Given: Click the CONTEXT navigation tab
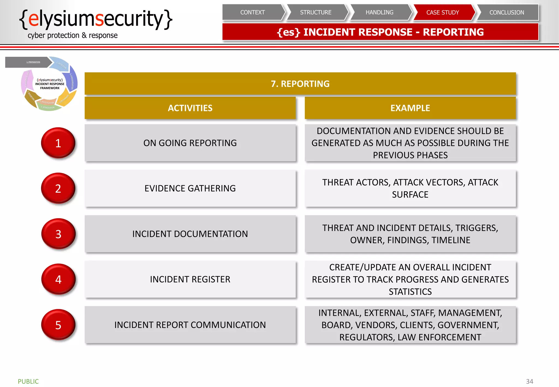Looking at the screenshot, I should [252, 13].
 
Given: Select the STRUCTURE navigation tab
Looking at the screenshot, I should [316, 13].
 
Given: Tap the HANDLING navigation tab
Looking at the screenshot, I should [379, 13].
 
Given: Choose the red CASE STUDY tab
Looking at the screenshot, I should [443, 13].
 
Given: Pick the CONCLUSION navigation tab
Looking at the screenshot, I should [507, 13].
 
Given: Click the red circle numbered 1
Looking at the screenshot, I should [58, 143].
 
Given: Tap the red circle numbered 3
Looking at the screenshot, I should [58, 234].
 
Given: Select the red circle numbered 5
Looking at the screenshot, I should [58, 325].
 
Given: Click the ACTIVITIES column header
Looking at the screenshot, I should [190, 108].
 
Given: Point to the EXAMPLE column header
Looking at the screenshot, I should [410, 108].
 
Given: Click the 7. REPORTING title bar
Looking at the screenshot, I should [300, 84].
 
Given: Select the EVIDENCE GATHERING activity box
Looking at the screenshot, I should [190, 188].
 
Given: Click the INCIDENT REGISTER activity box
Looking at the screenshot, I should [190, 279].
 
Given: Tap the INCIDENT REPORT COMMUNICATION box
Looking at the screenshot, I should [190, 325].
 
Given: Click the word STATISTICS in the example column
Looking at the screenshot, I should [410, 292].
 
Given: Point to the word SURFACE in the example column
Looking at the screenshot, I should [410, 195].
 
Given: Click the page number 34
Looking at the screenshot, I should [529, 381].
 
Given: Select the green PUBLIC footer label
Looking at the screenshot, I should [28, 381].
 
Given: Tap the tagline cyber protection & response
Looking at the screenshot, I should [73, 35].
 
